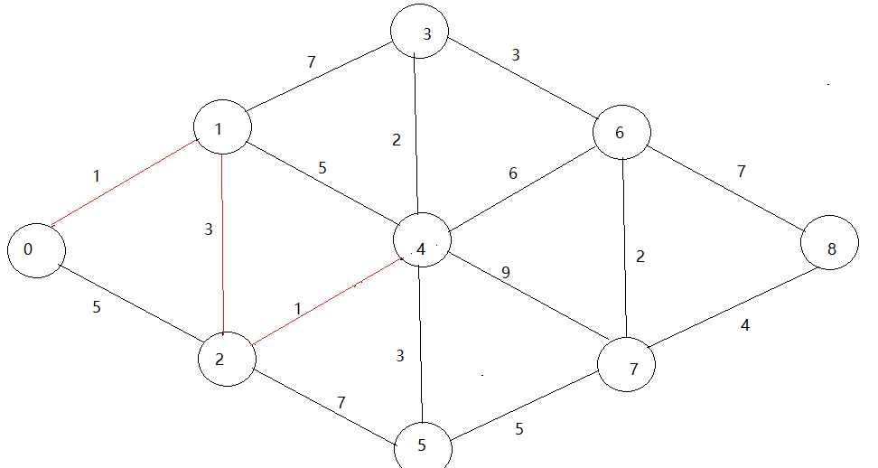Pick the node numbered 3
422,33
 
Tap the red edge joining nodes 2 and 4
325,300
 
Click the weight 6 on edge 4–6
513,173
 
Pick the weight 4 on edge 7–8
745,326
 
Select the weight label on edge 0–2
97,306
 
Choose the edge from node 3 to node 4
416,136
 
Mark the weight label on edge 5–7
519,429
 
